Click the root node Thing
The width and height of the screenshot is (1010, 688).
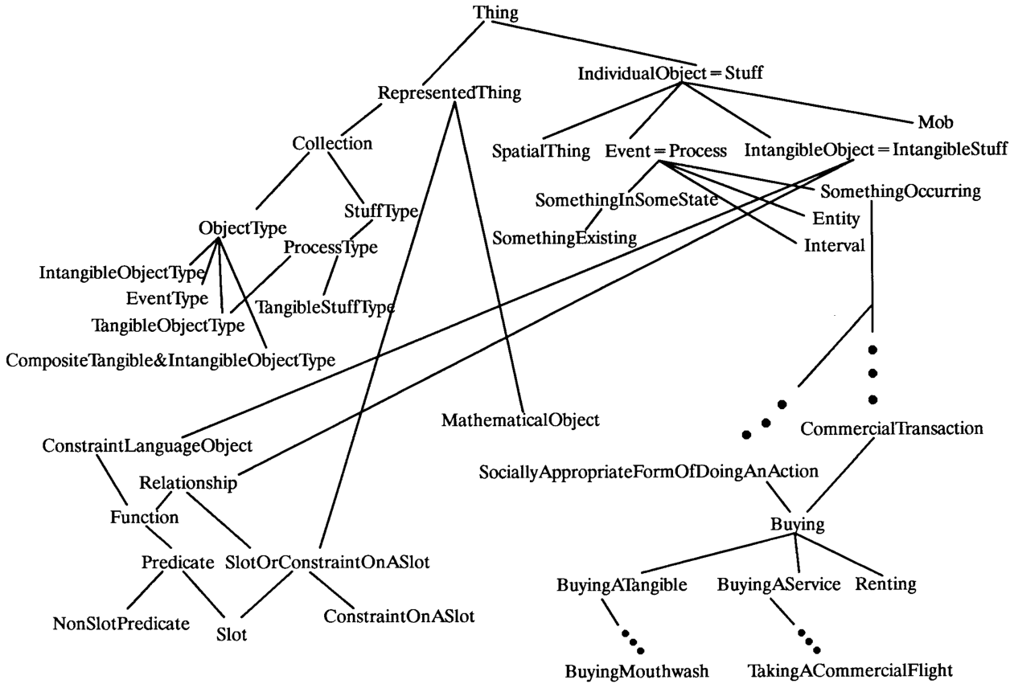pyautogui.click(x=495, y=13)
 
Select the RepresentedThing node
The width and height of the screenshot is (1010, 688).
pyautogui.click(x=449, y=92)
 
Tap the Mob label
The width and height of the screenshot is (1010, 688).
pyautogui.click(x=935, y=122)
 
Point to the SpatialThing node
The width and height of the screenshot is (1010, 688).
pyautogui.click(x=540, y=151)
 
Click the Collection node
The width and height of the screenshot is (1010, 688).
pyautogui.click(x=332, y=143)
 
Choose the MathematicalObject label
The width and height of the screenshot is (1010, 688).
pyautogui.click(x=520, y=420)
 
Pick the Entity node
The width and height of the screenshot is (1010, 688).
pyautogui.click(x=836, y=219)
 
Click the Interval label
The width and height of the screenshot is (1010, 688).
pyautogui.click(x=834, y=246)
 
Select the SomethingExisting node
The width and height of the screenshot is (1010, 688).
pyautogui.click(x=564, y=238)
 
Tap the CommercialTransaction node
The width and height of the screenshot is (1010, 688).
pyautogui.click(x=892, y=428)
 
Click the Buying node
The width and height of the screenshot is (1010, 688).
pyautogui.click(x=797, y=525)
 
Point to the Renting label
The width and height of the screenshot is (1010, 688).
pyautogui.click(x=885, y=584)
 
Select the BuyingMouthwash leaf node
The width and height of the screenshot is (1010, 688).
pyautogui.click(x=637, y=671)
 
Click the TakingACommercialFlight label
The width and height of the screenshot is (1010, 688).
pyautogui.click(x=851, y=671)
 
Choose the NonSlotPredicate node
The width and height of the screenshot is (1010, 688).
pyautogui.click(x=121, y=624)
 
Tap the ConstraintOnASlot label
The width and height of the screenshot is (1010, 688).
pyautogui.click(x=399, y=616)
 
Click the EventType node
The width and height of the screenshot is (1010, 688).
pyautogui.click(x=166, y=299)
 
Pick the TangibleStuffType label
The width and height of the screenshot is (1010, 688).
pyautogui.click(x=325, y=307)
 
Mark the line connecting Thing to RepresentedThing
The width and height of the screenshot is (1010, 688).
pyautogui.click(x=454, y=53)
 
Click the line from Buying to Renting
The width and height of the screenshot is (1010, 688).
pyautogui.click(x=831, y=555)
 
